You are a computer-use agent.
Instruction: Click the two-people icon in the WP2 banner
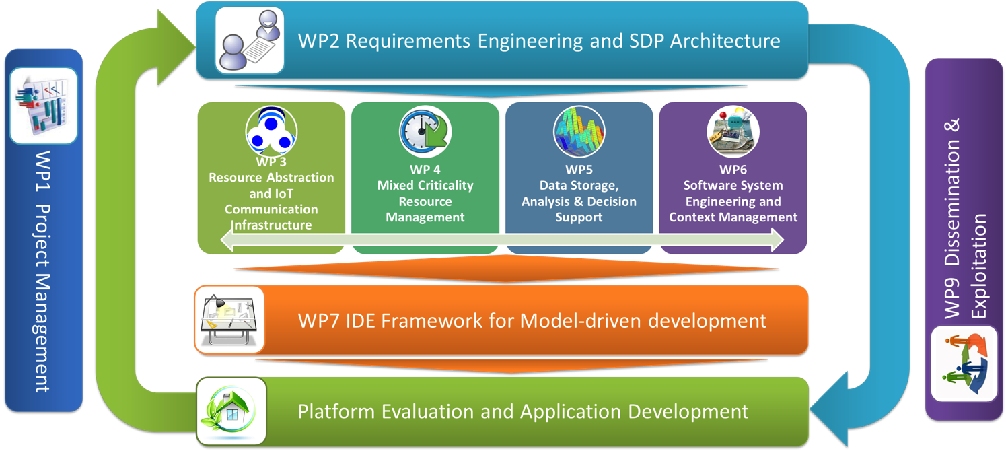249,40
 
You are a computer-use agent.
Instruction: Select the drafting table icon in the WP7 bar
229,320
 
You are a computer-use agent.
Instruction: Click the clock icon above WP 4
425,132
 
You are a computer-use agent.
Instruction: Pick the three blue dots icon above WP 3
271,131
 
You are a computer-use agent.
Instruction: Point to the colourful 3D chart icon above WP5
579,132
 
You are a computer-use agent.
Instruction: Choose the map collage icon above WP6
733,132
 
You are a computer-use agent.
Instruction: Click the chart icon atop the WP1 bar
43,106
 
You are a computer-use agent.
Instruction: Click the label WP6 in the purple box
733,170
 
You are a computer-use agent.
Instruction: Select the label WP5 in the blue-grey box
579,170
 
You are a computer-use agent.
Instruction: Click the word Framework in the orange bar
431,320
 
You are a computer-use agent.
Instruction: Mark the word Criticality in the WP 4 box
445,186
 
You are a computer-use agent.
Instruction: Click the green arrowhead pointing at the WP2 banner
176,47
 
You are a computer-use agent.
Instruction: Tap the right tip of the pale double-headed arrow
784,240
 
